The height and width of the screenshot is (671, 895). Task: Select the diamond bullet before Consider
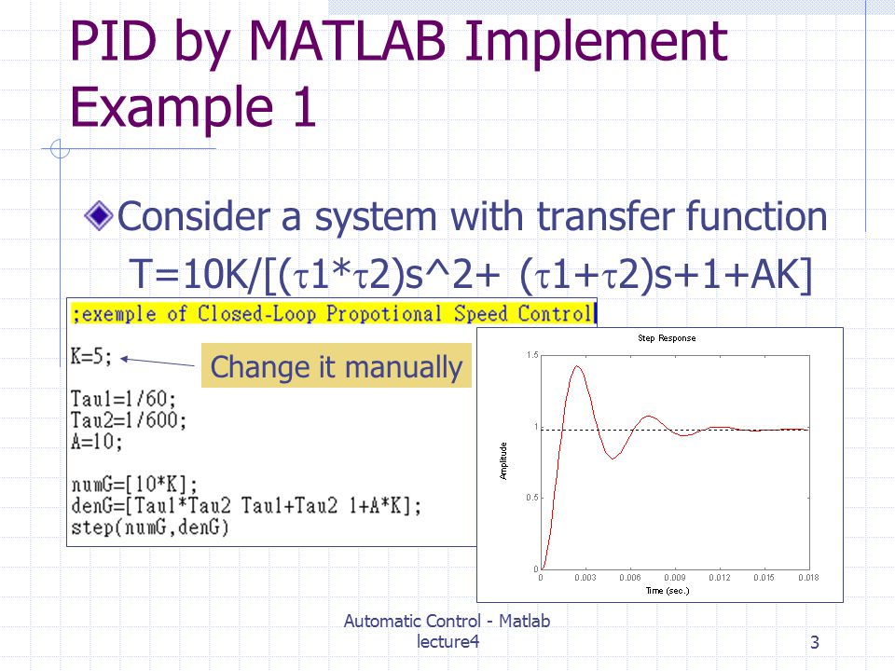point(99,215)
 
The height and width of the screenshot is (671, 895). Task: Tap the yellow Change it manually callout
point(337,365)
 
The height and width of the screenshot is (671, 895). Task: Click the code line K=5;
point(91,357)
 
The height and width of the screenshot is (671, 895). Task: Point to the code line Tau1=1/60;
point(123,398)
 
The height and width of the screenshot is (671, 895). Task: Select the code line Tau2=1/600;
point(129,420)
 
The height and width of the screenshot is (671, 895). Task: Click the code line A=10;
point(96,442)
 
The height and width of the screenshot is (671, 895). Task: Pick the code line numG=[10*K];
point(134,485)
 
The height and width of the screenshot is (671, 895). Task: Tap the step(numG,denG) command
point(150,527)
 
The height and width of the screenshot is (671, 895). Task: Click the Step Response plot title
point(667,338)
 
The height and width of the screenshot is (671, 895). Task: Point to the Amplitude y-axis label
point(503,461)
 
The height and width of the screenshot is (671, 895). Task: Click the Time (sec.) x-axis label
point(668,591)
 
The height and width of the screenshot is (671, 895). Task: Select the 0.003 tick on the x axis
point(585,578)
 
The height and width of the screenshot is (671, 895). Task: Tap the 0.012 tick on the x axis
point(719,578)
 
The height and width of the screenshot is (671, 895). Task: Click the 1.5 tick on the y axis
point(532,355)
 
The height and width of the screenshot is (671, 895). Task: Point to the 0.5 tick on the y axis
point(532,498)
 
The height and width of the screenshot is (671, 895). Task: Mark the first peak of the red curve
point(577,366)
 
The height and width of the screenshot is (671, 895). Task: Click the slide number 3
point(815,642)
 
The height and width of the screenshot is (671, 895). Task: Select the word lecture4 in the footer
point(447,641)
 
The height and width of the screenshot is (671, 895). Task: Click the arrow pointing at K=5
point(158,362)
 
